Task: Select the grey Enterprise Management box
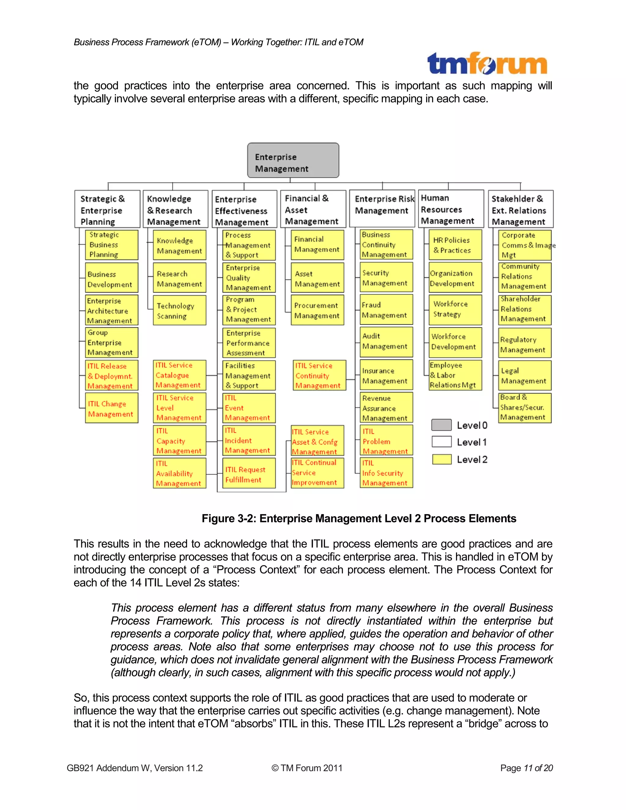[293, 160]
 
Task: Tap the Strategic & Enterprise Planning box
[108, 209]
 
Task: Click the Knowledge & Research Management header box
[175, 209]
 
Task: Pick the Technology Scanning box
[179, 311]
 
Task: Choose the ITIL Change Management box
[112, 408]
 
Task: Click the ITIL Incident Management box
[249, 440]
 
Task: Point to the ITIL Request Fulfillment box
[249, 473]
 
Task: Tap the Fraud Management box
[386, 310]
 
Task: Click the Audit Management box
[386, 341]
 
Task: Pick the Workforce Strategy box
[455, 309]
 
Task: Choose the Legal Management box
[525, 375]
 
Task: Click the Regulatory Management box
[525, 344]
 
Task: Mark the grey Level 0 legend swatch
[441, 425]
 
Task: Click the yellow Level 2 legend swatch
[441, 459]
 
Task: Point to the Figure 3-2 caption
[359, 518]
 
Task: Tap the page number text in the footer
[526, 768]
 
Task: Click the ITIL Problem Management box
[386, 440]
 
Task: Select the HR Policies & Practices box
[455, 245]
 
